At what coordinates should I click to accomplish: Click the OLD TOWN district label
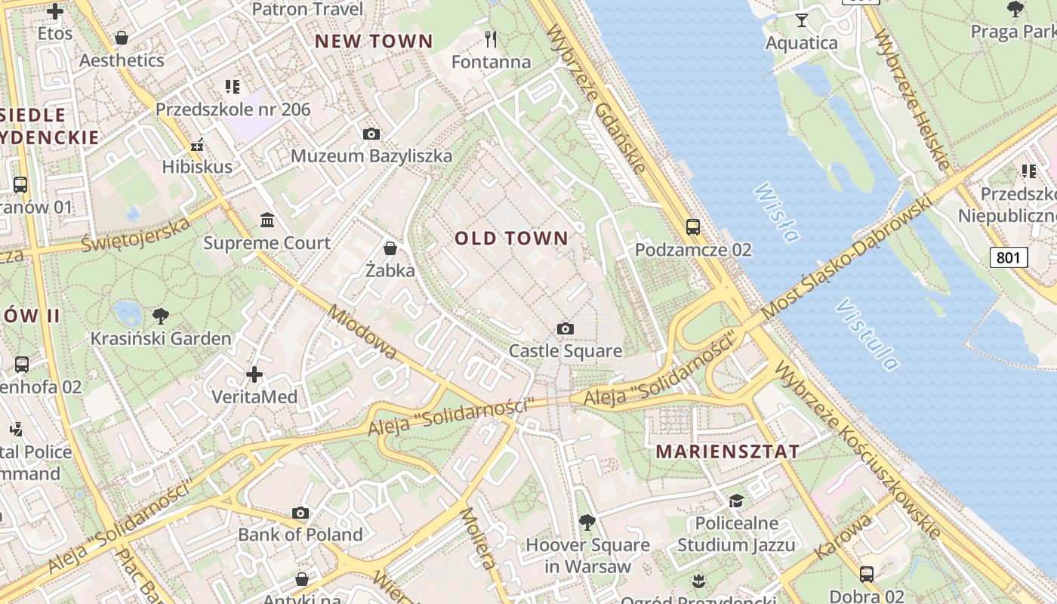click(x=511, y=239)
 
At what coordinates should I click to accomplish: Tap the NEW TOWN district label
click(x=374, y=42)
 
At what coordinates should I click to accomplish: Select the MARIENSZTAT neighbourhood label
click(x=728, y=451)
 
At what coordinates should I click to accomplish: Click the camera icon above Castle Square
click(x=565, y=328)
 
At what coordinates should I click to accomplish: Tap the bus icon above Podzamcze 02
click(x=692, y=226)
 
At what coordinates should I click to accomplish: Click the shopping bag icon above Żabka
click(x=390, y=248)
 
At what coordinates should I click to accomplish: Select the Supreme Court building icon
click(x=267, y=220)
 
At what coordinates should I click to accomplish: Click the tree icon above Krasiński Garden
click(x=160, y=316)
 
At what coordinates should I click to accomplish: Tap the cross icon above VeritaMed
click(x=254, y=374)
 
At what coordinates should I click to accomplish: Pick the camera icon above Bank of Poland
click(x=300, y=513)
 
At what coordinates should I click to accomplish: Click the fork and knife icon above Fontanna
click(x=491, y=38)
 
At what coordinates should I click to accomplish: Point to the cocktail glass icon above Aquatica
click(x=802, y=20)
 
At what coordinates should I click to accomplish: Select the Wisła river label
click(x=775, y=213)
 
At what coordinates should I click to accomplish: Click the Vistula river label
click(x=868, y=334)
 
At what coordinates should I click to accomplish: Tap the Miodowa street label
click(x=362, y=332)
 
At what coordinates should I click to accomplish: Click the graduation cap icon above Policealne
click(x=735, y=501)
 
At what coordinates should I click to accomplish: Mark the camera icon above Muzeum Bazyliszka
click(x=371, y=134)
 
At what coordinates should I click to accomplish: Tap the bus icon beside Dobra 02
click(x=867, y=575)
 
